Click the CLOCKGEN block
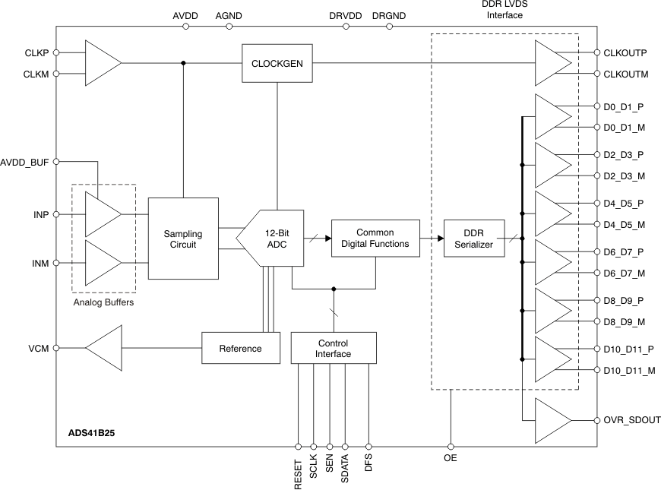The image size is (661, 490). click(277, 63)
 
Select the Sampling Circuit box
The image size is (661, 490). click(182, 238)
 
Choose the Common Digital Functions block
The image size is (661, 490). click(375, 238)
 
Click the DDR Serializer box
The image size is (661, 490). click(474, 239)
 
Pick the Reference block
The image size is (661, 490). click(240, 349)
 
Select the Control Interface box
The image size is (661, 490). click(333, 349)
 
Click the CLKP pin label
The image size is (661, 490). click(36, 53)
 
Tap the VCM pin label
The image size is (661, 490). click(39, 349)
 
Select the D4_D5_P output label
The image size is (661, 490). click(622, 204)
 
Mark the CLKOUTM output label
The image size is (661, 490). click(625, 74)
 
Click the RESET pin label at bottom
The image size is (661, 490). click(298, 472)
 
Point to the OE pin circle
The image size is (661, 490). click(451, 447)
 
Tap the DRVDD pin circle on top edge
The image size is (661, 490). click(346, 26)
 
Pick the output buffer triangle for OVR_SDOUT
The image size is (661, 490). click(552, 420)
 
